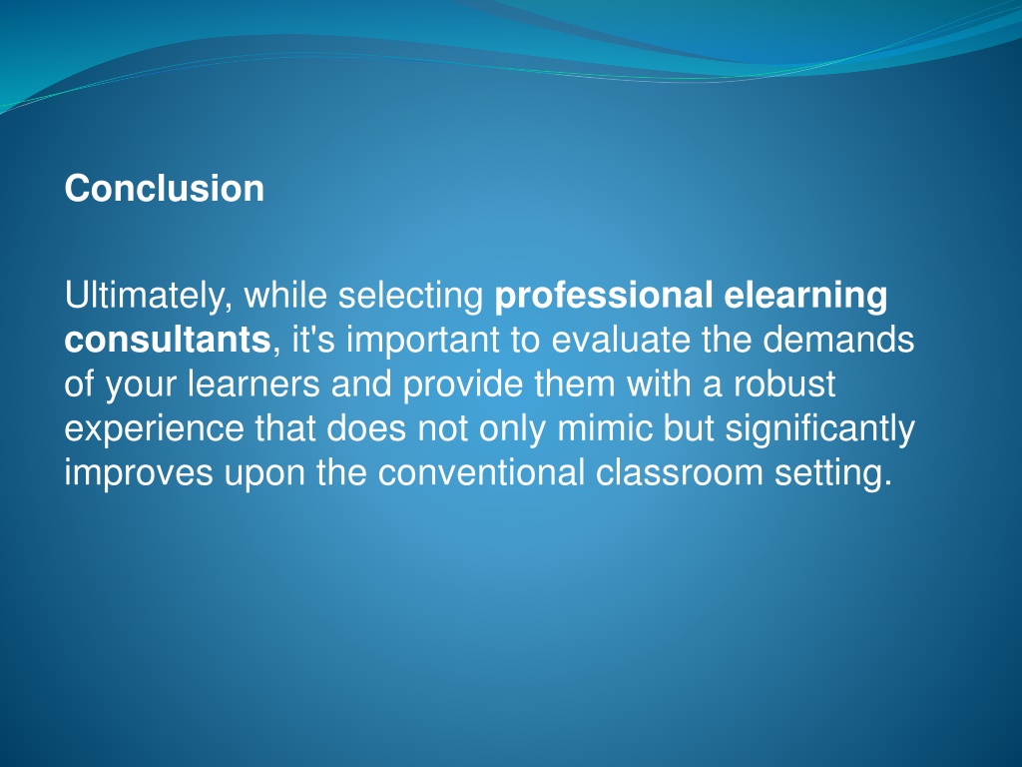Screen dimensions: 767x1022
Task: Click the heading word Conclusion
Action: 165,189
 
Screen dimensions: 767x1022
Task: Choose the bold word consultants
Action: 167,341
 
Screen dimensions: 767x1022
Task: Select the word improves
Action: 138,473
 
